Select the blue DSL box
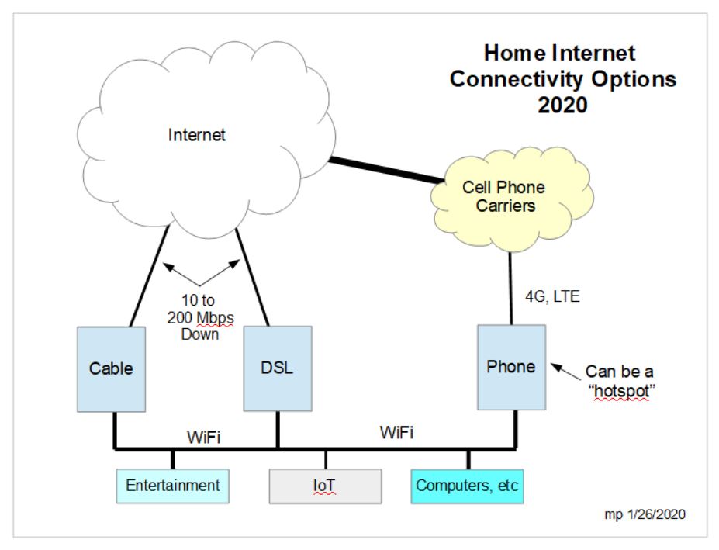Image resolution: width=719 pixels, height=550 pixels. click(278, 368)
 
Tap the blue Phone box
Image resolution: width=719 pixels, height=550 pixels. click(511, 366)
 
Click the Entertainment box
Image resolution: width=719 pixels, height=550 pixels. click(173, 486)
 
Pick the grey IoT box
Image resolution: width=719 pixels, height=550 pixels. click(325, 486)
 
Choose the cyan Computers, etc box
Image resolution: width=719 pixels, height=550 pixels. click(468, 486)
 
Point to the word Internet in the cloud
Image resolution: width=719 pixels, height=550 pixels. click(197, 136)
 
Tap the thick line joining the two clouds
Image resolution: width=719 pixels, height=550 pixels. click(384, 171)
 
